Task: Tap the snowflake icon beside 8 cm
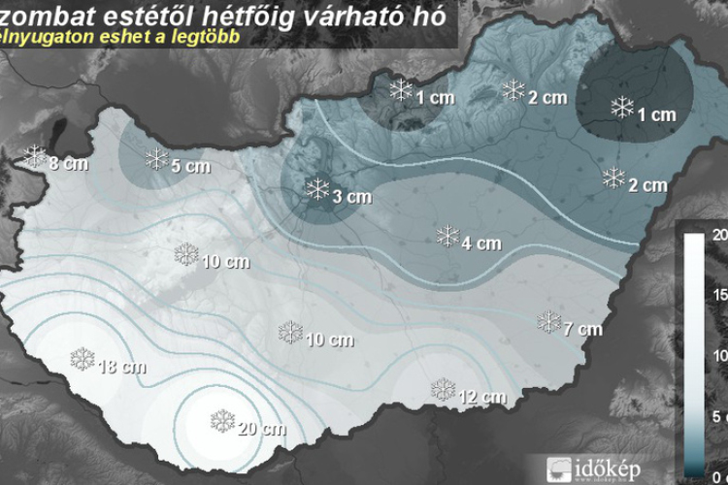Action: pyautogui.click(x=36, y=155)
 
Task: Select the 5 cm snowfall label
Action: pyautogui.click(x=190, y=166)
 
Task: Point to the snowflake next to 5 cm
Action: pyautogui.click(x=156, y=158)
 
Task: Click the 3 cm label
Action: pyautogui.click(x=352, y=197)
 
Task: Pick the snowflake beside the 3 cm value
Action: pyautogui.click(x=317, y=189)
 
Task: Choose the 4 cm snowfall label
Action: pyautogui.click(x=481, y=243)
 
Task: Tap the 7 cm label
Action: pyautogui.click(x=582, y=329)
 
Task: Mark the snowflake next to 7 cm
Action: pyautogui.click(x=549, y=321)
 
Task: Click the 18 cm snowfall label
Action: pyautogui.click(x=122, y=367)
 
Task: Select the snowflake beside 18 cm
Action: pyautogui.click(x=83, y=359)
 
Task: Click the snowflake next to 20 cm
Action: pyautogui.click(x=223, y=421)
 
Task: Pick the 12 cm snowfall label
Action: pyautogui.click(x=482, y=397)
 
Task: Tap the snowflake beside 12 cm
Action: pyautogui.click(x=444, y=390)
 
